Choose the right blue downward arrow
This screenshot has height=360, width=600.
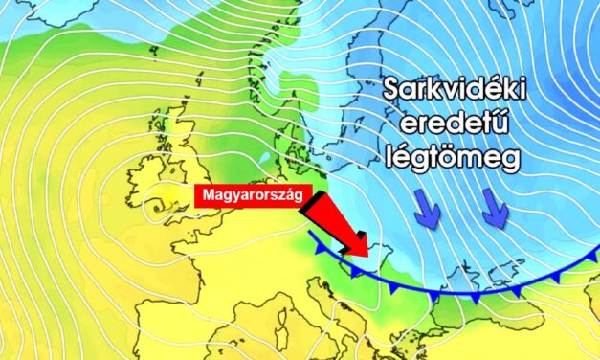[495, 210]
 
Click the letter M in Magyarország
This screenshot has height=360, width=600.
[204, 194]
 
